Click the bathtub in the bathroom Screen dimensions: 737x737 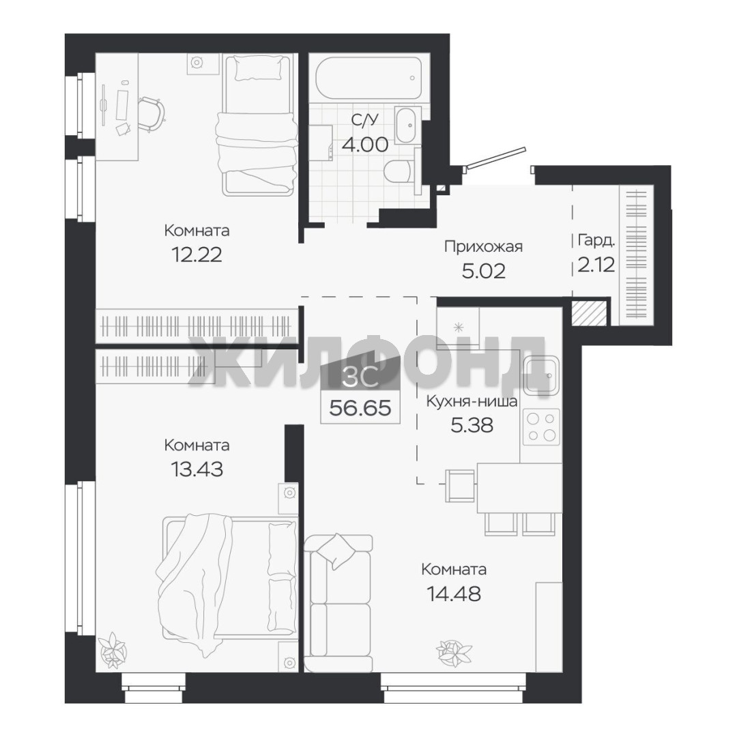click(x=369, y=78)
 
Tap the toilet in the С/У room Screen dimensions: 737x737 click(x=399, y=171)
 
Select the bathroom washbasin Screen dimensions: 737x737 click(x=409, y=125)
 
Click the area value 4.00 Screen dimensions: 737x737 click(x=365, y=144)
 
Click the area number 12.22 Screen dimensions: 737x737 click(x=197, y=255)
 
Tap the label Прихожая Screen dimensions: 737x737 click(x=483, y=246)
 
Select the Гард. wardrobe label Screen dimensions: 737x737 click(x=596, y=241)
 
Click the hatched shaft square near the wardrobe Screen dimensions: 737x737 click(x=590, y=312)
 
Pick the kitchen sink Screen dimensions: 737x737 click(x=541, y=375)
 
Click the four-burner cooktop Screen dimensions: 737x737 click(x=541, y=427)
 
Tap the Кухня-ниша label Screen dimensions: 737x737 click(x=472, y=402)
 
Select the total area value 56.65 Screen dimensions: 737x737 click(x=360, y=408)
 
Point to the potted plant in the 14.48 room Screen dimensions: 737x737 click(x=453, y=652)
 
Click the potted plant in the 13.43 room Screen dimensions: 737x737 click(x=113, y=650)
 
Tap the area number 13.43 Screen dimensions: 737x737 click(x=197, y=469)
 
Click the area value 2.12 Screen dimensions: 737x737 click(x=596, y=265)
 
